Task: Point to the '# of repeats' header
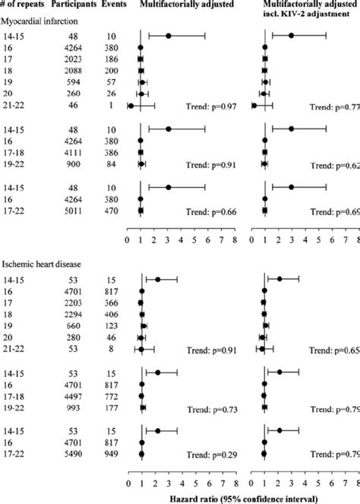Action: [x=24, y=6]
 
